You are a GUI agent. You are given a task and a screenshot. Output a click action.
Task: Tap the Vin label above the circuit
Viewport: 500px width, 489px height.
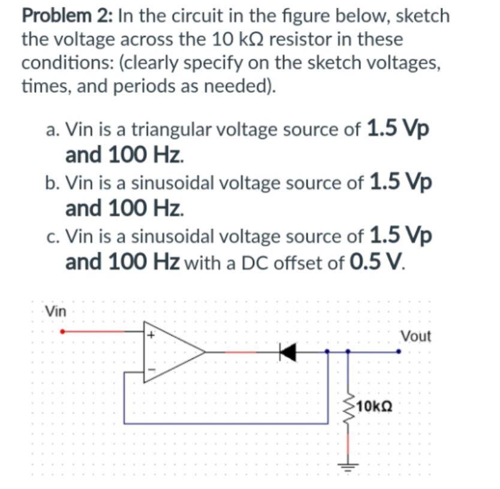click(56, 311)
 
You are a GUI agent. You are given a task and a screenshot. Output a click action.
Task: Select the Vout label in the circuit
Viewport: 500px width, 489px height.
click(415, 336)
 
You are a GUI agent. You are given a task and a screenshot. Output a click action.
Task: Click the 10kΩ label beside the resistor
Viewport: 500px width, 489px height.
click(375, 407)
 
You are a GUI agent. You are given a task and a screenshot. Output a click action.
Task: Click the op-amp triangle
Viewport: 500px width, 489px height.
click(171, 352)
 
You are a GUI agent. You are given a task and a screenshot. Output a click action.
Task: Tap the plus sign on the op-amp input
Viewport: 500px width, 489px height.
click(152, 336)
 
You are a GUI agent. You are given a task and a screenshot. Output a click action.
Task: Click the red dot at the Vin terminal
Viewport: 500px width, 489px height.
click(62, 331)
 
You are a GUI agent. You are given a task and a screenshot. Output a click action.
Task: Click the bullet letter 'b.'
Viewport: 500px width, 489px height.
click(53, 183)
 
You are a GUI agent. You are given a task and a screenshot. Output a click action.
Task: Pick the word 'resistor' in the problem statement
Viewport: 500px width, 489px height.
click(312, 40)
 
